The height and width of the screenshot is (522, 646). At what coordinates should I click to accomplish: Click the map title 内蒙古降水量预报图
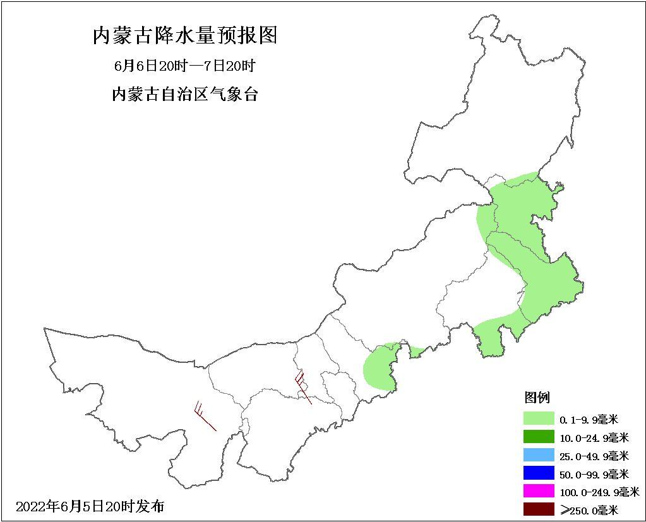tap(185, 36)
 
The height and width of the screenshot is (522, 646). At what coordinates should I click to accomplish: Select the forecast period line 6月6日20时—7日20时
tap(185, 66)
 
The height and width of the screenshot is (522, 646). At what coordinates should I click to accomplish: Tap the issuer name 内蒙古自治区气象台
tap(185, 95)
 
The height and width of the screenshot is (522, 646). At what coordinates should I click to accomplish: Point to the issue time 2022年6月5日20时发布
tap(90, 506)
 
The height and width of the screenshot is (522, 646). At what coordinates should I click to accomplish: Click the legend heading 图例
tap(537, 397)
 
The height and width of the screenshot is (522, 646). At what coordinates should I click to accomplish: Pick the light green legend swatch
tap(538, 418)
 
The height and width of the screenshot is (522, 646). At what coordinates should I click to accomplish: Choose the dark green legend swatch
tap(538, 437)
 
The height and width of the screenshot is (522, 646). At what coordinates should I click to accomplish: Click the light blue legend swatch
tap(538, 455)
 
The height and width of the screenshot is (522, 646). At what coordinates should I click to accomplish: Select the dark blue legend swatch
tap(538, 473)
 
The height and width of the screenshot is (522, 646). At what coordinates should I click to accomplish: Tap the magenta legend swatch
tap(538, 491)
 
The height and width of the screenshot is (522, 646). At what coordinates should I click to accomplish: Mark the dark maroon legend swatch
tap(538, 509)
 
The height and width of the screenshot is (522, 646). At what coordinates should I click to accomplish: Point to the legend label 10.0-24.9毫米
tap(594, 437)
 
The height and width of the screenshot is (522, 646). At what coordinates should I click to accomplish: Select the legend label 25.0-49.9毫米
tap(594, 456)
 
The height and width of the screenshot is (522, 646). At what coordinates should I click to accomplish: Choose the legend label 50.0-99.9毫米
tap(594, 474)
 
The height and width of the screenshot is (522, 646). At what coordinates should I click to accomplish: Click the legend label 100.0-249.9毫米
tap(599, 492)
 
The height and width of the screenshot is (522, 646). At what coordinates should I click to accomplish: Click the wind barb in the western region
tap(205, 417)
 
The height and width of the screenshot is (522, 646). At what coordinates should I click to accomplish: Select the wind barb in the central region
tap(302, 386)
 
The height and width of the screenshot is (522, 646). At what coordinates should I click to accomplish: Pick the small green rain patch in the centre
tap(380, 366)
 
